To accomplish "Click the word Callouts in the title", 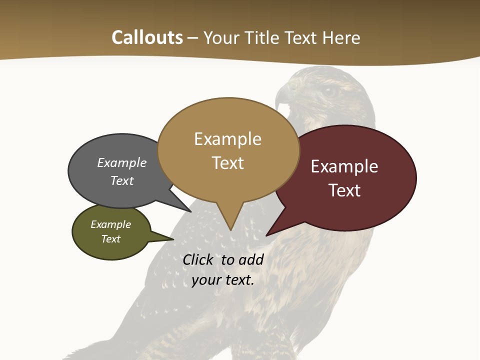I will [147, 37].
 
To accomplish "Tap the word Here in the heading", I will [341, 38].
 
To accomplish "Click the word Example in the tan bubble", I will [227, 139].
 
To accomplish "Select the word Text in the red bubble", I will [344, 190].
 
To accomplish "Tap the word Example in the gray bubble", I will [122, 162].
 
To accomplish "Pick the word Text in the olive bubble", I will [111, 239].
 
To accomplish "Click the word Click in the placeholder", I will [197, 259].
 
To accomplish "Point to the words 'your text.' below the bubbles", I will [223, 280].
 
